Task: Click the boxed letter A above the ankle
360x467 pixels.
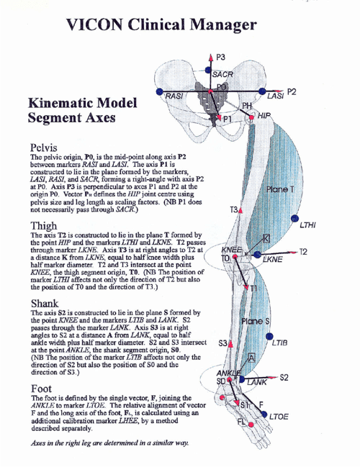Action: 251,358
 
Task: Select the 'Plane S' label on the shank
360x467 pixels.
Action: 256,320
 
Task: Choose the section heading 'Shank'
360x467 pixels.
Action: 45,303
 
